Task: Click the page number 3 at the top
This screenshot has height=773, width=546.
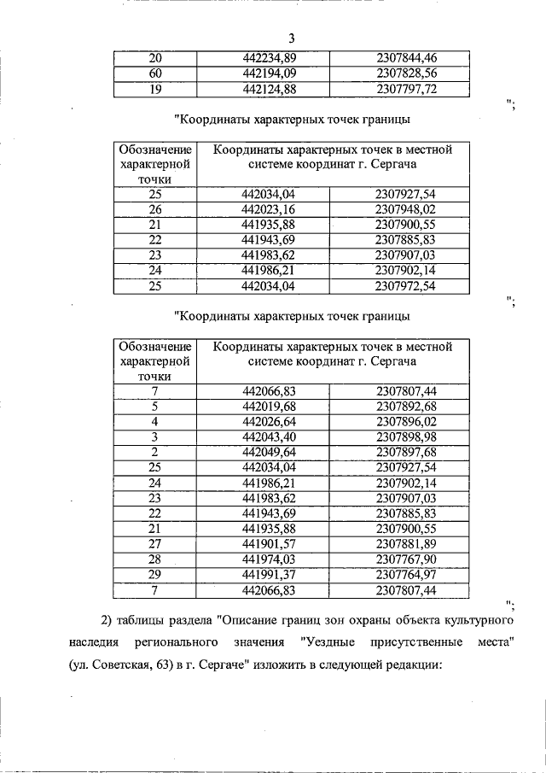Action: pos(290,38)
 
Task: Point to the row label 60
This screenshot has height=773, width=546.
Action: pos(154,73)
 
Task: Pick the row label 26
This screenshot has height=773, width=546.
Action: pos(154,209)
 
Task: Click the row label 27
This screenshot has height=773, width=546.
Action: pos(154,544)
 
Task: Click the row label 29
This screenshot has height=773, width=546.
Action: pos(154,575)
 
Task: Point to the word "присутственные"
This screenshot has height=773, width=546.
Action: pos(415,641)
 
